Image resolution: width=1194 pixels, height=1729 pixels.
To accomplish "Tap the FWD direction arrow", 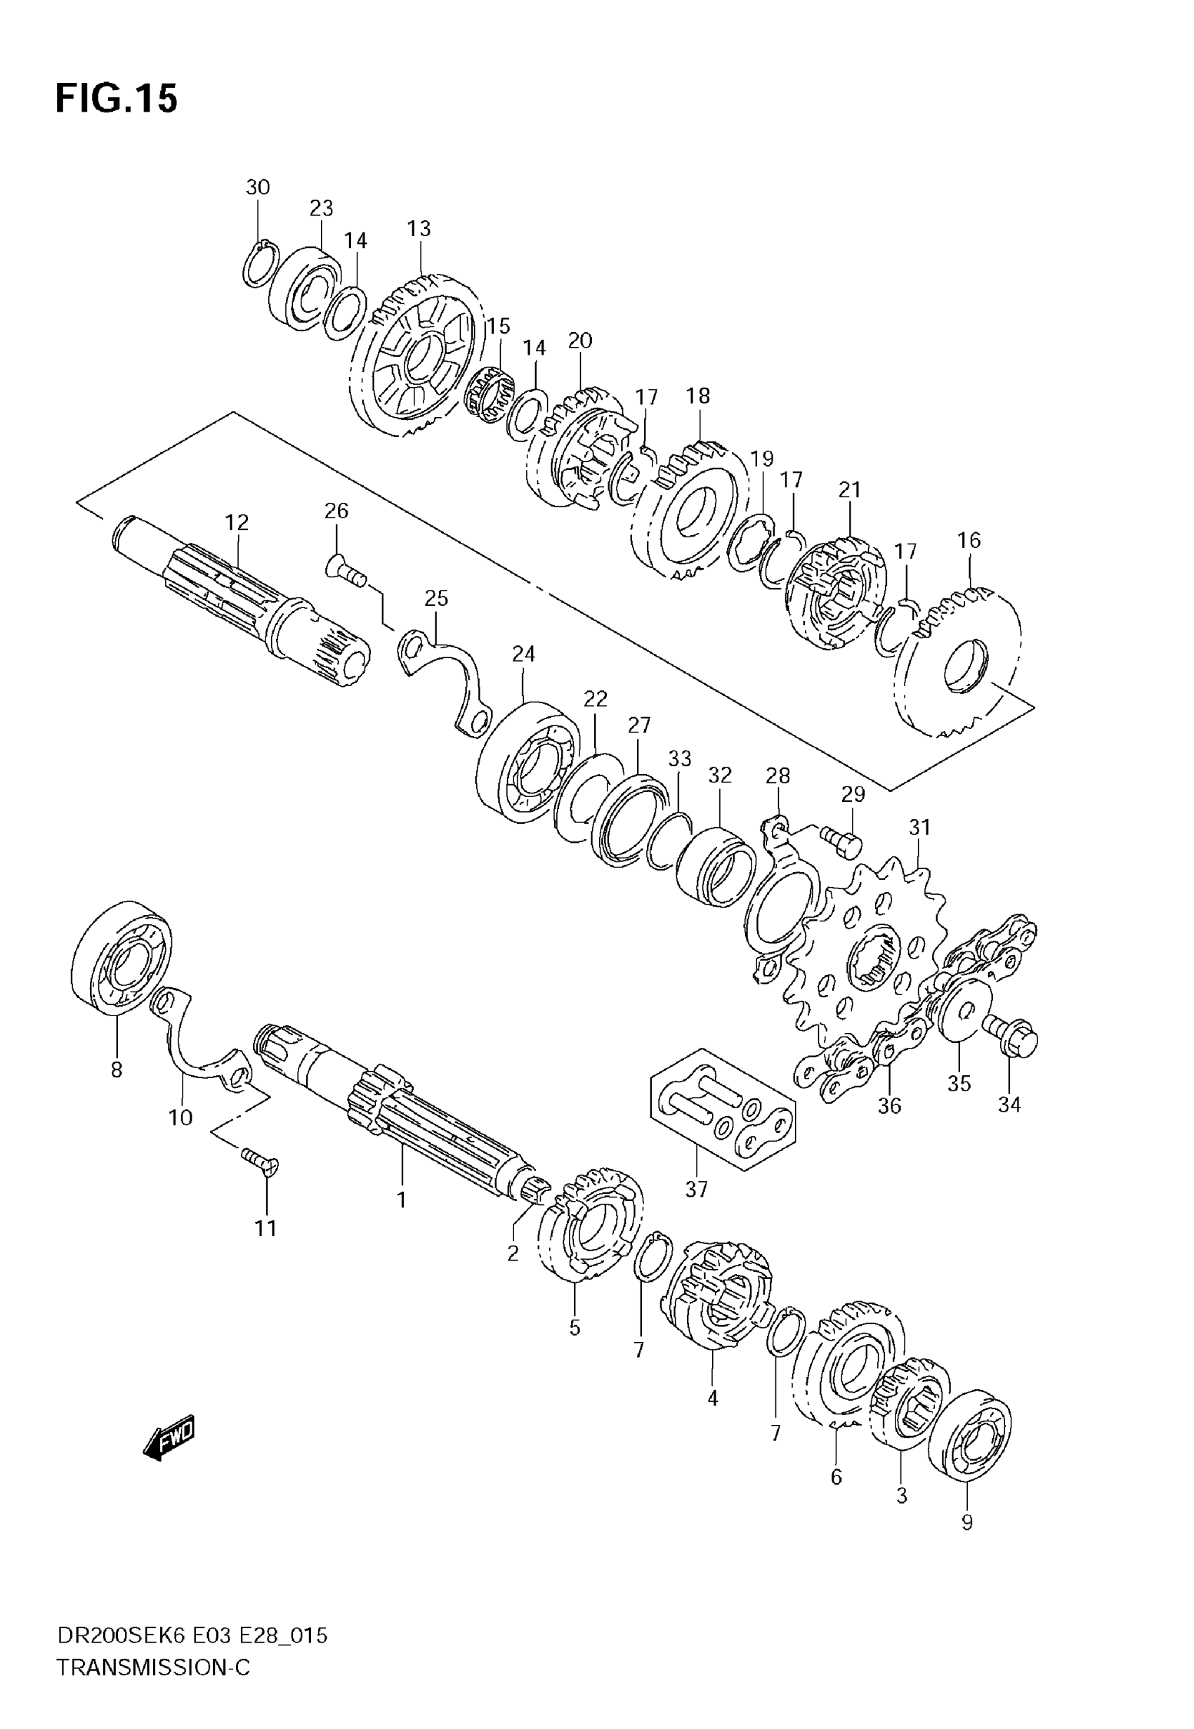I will pyautogui.click(x=169, y=1438).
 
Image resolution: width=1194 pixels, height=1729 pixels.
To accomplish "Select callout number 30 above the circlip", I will pyautogui.click(x=257, y=187).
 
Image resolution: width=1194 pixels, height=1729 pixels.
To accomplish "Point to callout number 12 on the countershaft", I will pyautogui.click(x=237, y=522).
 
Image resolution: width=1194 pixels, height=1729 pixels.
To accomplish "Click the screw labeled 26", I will pyautogui.click(x=346, y=574).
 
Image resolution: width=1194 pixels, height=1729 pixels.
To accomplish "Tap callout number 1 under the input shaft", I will pyautogui.click(x=401, y=1199).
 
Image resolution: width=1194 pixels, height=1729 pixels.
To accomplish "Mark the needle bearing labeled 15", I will pyautogui.click(x=490, y=393).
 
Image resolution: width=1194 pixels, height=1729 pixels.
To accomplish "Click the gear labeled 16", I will pyautogui.click(x=957, y=661).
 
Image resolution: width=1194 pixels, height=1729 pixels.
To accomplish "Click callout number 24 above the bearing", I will pyautogui.click(x=524, y=655).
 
